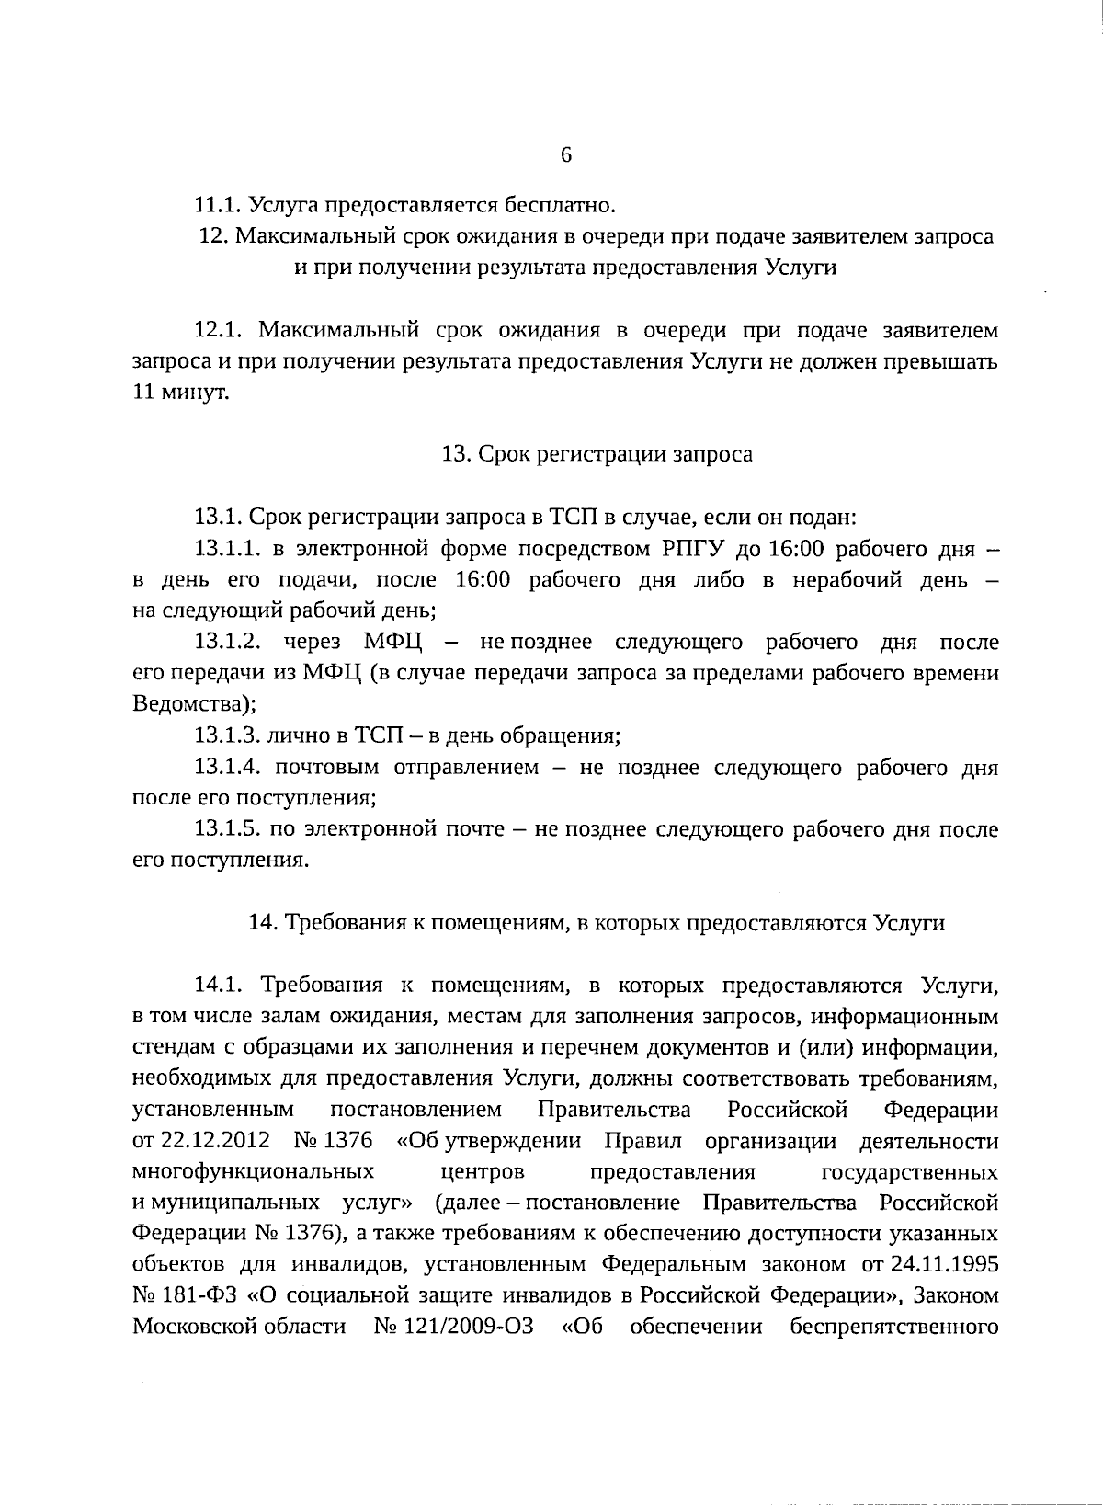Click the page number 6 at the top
pyautogui.click(x=566, y=154)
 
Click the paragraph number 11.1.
pyautogui.click(x=218, y=205)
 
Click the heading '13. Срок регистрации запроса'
pyautogui.click(x=597, y=454)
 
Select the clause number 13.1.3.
pyautogui.click(x=228, y=735)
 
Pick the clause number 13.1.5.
pyautogui.click(x=228, y=829)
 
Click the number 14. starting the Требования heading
pyautogui.click(x=265, y=923)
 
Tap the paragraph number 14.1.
pyautogui.click(x=218, y=986)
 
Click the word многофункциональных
pyautogui.click(x=253, y=1172)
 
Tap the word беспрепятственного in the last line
pyautogui.click(x=893, y=1328)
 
